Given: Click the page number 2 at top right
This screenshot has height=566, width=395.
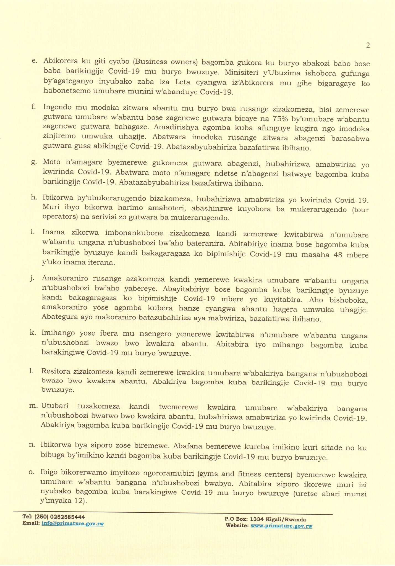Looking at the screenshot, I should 368,46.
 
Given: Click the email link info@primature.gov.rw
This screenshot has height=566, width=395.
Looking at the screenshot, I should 72,524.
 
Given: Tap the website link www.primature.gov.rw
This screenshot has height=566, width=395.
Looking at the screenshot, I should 281,526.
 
